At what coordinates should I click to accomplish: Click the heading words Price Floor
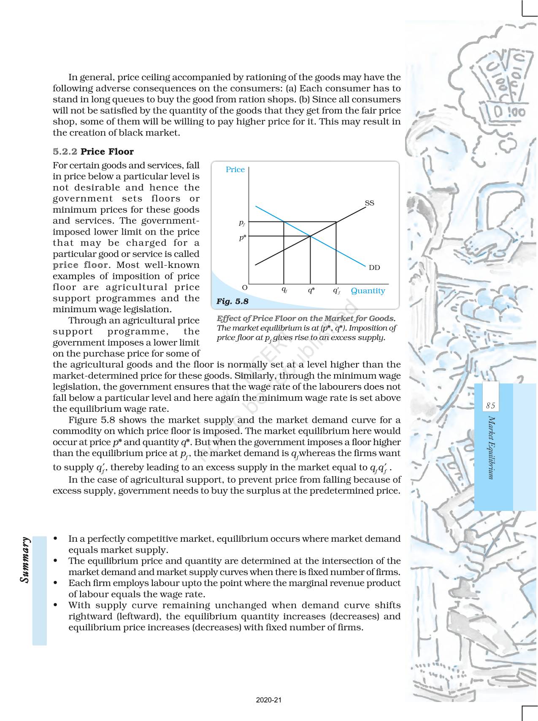(107, 152)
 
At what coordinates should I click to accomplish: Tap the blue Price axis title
(235, 170)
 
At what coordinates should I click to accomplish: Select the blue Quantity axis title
(368, 291)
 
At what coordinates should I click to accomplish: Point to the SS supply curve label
(369, 203)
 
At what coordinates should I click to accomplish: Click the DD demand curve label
(374, 267)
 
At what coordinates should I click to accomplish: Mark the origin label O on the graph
(244, 287)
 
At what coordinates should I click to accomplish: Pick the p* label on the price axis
(242, 238)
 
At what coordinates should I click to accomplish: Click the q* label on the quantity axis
(311, 290)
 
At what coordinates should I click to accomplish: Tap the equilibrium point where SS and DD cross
(311, 236)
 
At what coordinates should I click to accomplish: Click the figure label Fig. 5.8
(232, 301)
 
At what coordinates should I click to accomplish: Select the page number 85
(490, 406)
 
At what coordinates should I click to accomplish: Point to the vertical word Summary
(25, 560)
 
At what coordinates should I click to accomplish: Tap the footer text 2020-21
(269, 700)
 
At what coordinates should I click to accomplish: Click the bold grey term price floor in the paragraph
(80, 265)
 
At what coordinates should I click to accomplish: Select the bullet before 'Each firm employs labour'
(56, 583)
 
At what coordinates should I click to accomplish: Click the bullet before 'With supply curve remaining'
(56, 605)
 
